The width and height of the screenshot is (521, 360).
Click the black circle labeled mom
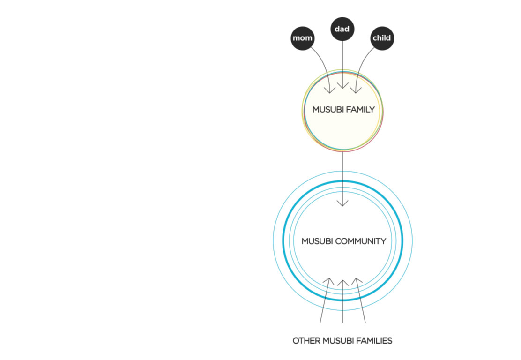click(x=302, y=38)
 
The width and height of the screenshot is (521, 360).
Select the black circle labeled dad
click(x=342, y=29)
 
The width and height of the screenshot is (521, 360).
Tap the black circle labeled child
click(x=382, y=38)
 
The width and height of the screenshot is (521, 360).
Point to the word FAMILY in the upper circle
click(x=359, y=109)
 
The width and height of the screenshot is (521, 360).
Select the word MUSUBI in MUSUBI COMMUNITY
click(x=317, y=241)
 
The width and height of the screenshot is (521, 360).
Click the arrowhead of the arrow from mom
click(x=330, y=90)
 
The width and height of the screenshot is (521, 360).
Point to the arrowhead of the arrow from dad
click(x=342, y=85)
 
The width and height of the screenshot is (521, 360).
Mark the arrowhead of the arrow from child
click(x=356, y=90)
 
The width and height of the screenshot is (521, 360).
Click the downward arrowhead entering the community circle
click(x=342, y=203)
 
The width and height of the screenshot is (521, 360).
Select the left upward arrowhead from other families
click(x=328, y=281)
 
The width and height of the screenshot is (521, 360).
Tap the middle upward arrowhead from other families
click(x=342, y=283)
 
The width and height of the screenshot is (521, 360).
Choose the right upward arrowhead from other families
click(x=357, y=281)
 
